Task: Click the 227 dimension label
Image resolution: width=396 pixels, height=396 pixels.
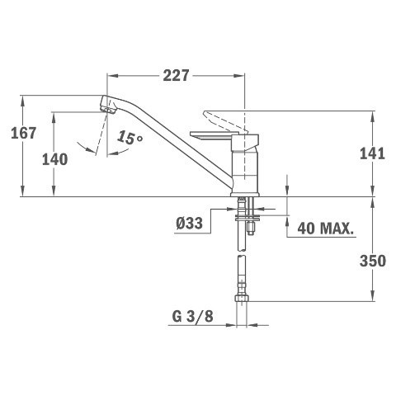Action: click(176, 75)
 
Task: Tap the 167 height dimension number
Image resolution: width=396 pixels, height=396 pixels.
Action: click(23, 133)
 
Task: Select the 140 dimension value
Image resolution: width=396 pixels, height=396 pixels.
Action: click(54, 159)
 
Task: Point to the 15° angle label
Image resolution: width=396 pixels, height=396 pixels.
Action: click(130, 138)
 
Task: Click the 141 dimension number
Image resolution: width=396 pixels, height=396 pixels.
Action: click(372, 153)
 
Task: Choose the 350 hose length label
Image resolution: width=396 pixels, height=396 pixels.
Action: click(373, 261)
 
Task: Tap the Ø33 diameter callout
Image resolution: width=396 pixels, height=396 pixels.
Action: click(189, 223)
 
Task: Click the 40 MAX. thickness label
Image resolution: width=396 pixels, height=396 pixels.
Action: click(325, 228)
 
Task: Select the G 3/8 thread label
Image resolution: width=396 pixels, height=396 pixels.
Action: click(192, 317)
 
